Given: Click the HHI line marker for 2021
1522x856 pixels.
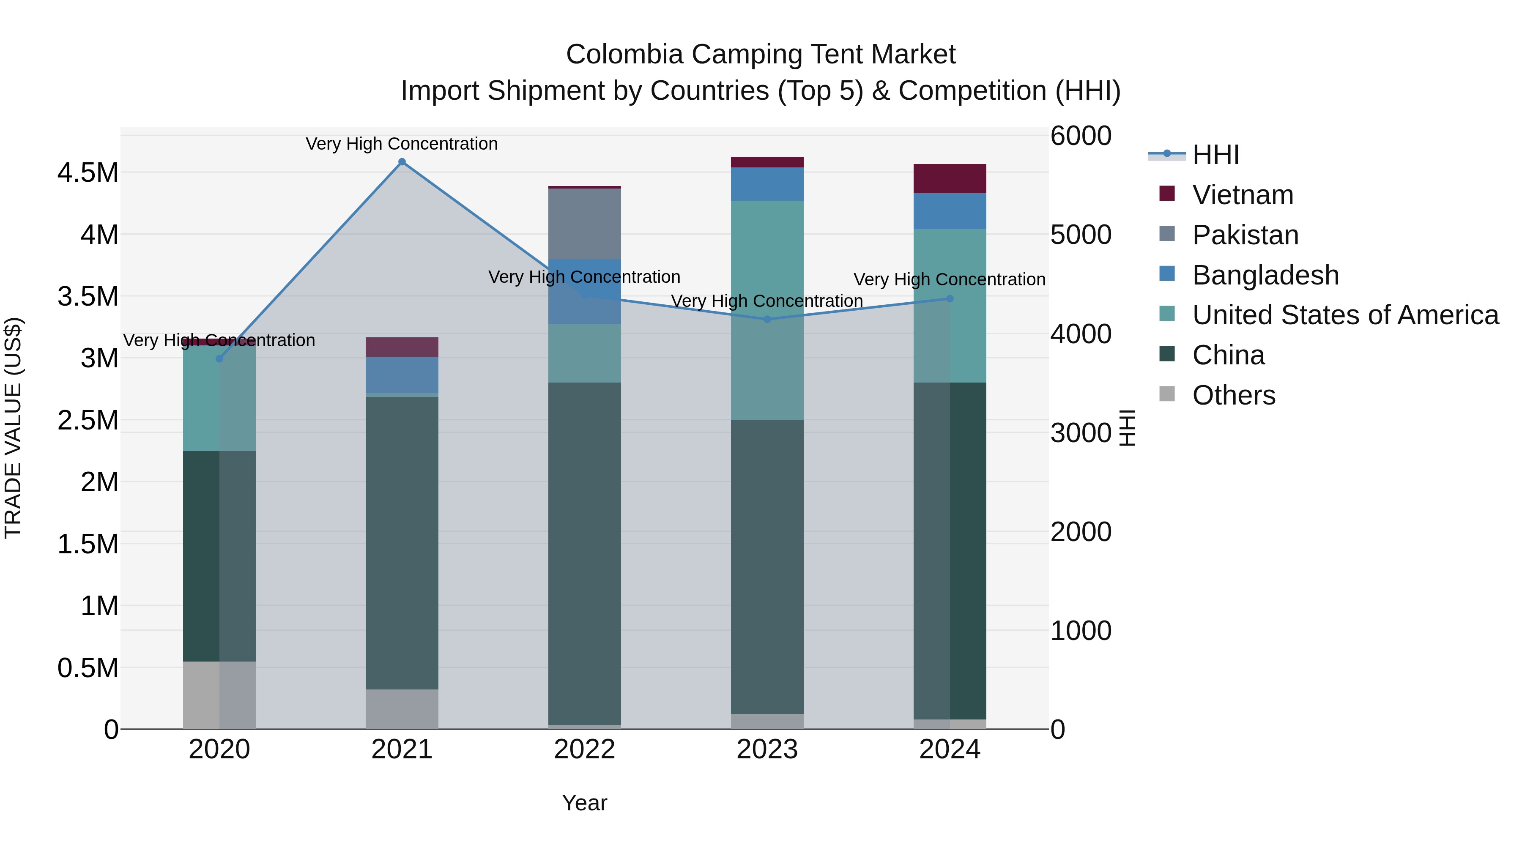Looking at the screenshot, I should click(402, 162).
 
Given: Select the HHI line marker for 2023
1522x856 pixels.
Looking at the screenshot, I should click(767, 319).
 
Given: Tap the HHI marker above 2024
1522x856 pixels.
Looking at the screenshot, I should click(950, 299).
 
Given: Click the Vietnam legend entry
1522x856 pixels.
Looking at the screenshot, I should click(1242, 195).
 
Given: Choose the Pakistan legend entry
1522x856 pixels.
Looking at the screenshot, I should click(1245, 235).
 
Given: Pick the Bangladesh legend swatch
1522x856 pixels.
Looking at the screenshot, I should click(1167, 274).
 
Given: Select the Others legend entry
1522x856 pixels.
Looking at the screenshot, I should click(1233, 395).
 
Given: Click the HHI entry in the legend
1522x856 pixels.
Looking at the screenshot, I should click(1215, 155).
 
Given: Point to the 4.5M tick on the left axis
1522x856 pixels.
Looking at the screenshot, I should click(88, 173).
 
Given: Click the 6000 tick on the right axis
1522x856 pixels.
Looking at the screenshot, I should click(1081, 136).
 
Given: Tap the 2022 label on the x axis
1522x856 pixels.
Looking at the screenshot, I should click(584, 749).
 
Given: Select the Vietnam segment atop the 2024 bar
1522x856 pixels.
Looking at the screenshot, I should click(950, 178).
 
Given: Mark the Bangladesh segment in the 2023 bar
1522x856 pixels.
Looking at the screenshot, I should click(767, 184).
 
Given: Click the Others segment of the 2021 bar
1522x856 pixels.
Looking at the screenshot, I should click(402, 708).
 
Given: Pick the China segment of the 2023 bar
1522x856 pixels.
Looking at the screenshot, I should click(767, 567).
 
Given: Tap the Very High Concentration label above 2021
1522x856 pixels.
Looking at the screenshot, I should click(402, 144).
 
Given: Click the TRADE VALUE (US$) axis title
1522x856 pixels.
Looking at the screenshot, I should click(13, 428).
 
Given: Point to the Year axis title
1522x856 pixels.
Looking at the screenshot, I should click(584, 803).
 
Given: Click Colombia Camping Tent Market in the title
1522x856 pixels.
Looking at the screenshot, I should click(761, 55).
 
